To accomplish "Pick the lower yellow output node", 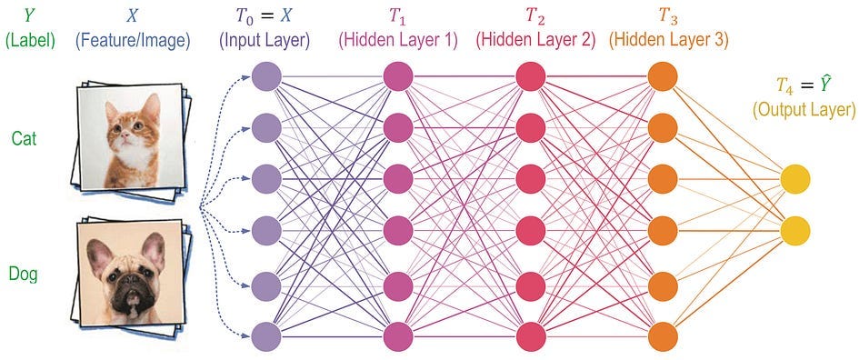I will [794, 232].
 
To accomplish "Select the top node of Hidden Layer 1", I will [398, 76].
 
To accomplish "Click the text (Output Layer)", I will [803, 110].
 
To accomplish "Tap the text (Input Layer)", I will [266, 40].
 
